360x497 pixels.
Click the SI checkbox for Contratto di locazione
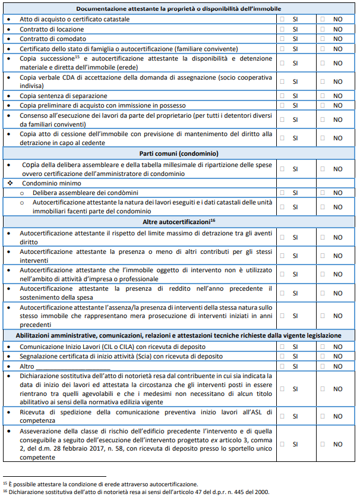282,29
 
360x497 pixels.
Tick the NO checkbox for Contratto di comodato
322,38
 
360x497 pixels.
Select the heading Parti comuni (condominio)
179,153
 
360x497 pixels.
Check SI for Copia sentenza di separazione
282,95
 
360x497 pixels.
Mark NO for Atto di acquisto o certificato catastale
322,19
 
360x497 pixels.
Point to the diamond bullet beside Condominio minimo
11,183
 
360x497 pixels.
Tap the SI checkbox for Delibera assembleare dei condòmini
282,193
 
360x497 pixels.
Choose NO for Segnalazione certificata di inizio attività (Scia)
322,356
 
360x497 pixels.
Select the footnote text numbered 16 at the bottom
136,492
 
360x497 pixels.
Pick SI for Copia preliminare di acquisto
282,105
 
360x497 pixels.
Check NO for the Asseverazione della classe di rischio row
322,443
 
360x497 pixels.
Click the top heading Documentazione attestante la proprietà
179,9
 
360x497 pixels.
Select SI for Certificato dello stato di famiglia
282,48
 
